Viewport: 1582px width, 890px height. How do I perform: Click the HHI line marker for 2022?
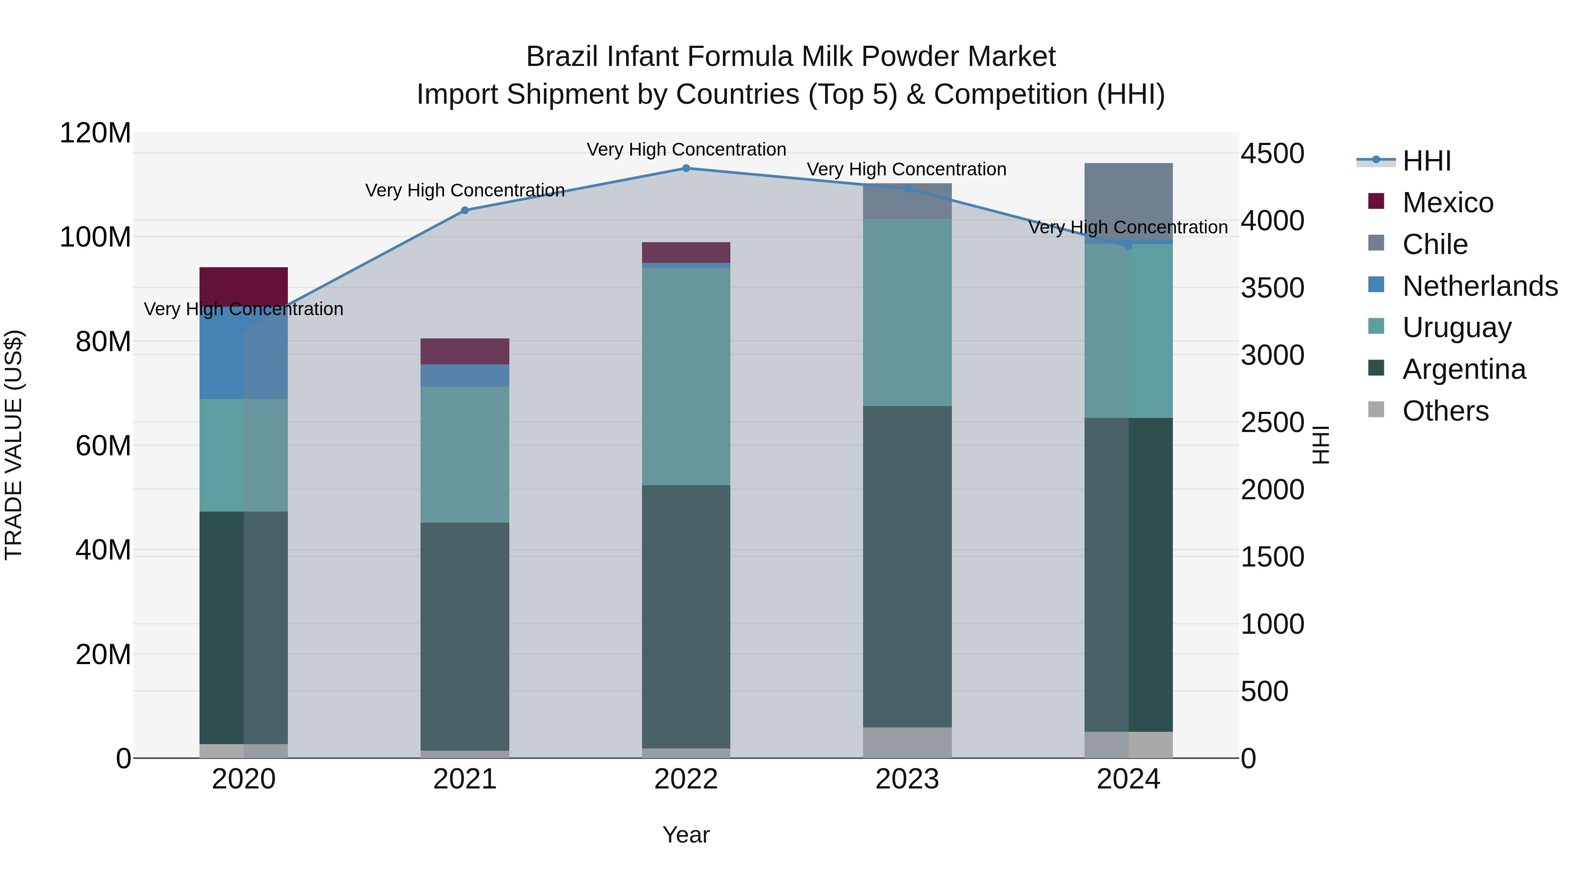click(686, 168)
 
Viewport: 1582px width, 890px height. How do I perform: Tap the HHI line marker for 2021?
click(465, 211)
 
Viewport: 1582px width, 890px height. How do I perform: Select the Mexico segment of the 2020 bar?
click(244, 286)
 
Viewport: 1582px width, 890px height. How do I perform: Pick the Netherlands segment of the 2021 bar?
click(465, 375)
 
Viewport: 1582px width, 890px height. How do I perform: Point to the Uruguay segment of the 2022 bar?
click(686, 377)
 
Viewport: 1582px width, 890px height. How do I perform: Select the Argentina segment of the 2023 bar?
click(907, 567)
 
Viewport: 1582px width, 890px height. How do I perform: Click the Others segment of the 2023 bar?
click(907, 743)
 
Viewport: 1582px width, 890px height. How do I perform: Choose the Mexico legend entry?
click(1448, 203)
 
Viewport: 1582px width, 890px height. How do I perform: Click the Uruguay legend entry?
click(1456, 327)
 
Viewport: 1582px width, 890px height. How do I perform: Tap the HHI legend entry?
click(1426, 161)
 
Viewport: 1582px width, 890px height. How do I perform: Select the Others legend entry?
click(1445, 411)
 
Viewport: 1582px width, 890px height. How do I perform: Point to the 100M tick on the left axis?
click(95, 237)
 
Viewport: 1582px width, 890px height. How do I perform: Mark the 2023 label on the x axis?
click(907, 779)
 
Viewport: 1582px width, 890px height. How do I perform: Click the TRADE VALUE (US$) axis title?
click(14, 445)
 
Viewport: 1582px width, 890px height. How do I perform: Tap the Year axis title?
click(686, 835)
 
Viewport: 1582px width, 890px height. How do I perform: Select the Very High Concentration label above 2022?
click(686, 149)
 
